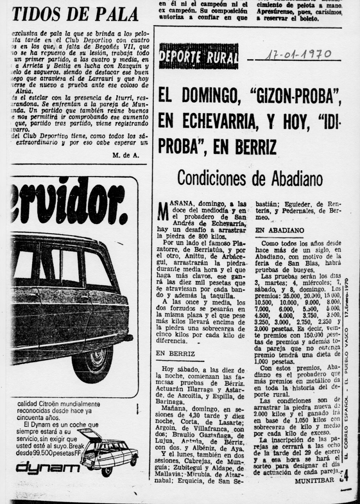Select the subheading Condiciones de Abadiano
250,178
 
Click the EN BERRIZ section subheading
175,354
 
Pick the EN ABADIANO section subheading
280,231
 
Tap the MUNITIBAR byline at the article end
314,480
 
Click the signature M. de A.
126,155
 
